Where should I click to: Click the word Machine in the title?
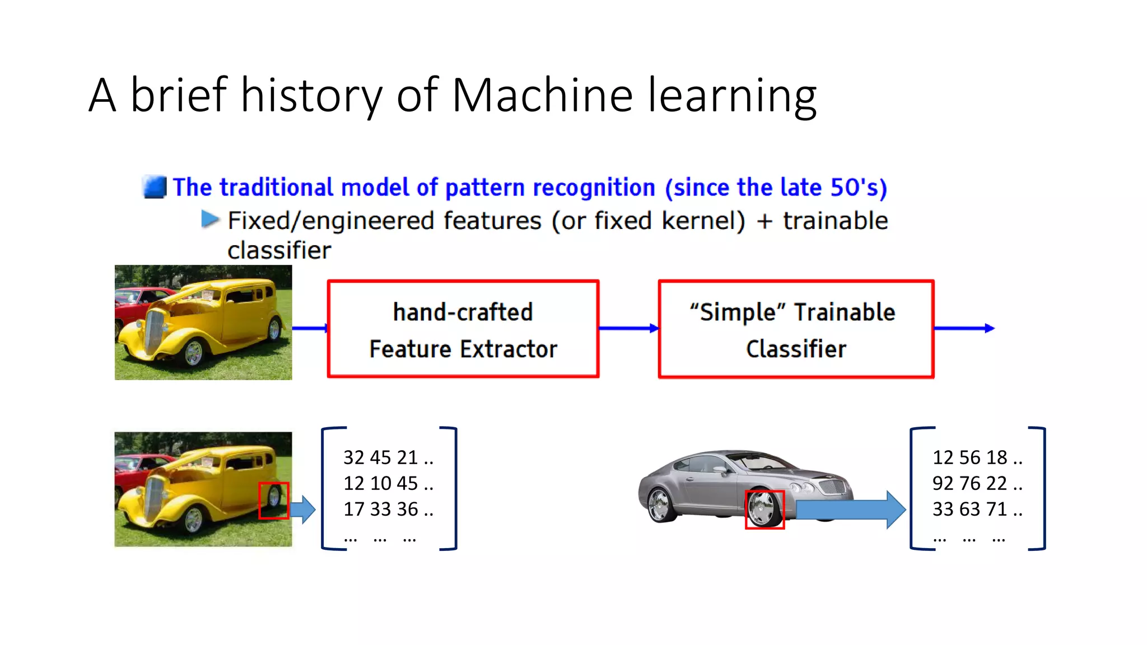pyautogui.click(x=542, y=95)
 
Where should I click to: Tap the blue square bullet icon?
pyautogui.click(x=155, y=187)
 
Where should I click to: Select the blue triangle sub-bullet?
pyautogui.click(x=210, y=219)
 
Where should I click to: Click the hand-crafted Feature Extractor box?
pyautogui.click(x=463, y=329)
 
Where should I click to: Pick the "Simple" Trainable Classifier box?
pyautogui.click(x=796, y=329)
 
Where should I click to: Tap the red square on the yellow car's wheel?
pyautogui.click(x=274, y=501)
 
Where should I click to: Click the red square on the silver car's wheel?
pyautogui.click(x=764, y=510)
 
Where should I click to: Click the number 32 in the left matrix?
pyautogui.click(x=354, y=457)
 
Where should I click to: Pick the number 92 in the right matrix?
pyautogui.click(x=943, y=483)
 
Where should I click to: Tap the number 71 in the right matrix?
pyautogui.click(x=996, y=509)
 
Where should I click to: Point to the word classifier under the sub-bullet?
pyautogui.click(x=279, y=250)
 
